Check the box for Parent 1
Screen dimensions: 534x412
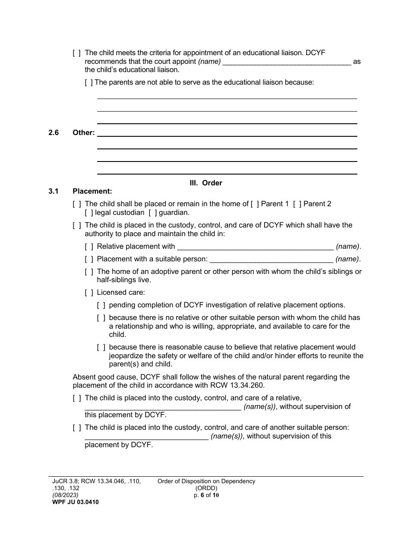coord(255,204)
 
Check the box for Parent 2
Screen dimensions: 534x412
coord(297,204)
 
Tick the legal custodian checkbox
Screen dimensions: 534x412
coord(89,213)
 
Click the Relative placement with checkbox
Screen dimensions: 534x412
coord(89,247)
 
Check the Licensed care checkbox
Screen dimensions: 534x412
coord(89,293)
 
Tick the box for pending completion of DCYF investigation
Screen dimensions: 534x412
coord(101,305)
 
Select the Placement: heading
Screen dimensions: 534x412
coord(92,191)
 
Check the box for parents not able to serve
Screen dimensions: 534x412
coord(89,82)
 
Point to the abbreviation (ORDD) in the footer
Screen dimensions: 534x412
coord(206,488)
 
